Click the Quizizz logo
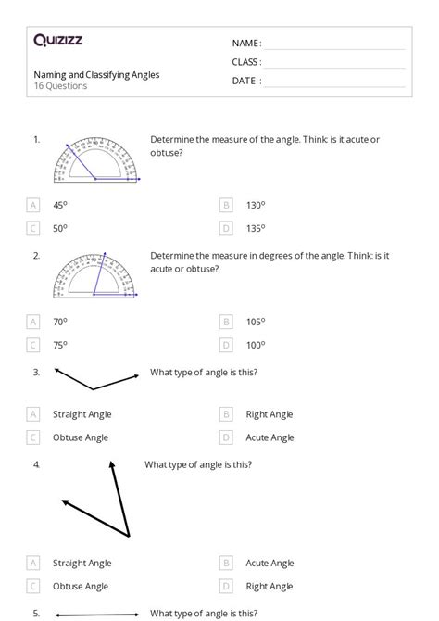[x=57, y=40]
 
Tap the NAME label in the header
[x=246, y=44]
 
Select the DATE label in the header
[x=246, y=81]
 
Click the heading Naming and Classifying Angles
[x=96, y=74]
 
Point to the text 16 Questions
[x=60, y=86]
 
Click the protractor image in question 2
[x=96, y=274]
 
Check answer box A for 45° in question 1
[x=34, y=205]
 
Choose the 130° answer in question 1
[x=256, y=205]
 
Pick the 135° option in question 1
[x=256, y=228]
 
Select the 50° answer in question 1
[x=59, y=228]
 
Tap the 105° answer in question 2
[x=256, y=322]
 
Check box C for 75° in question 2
[x=34, y=345]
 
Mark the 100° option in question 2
[x=256, y=345]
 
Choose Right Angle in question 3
[x=269, y=414]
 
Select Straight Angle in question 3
[x=82, y=414]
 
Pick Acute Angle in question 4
[x=270, y=563]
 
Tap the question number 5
[x=36, y=613]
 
